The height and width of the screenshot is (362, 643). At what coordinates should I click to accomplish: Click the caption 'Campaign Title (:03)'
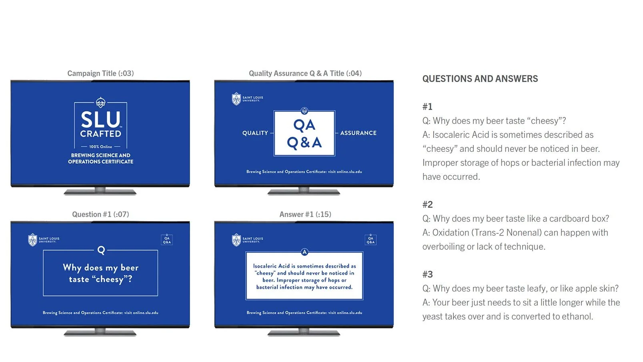click(100, 74)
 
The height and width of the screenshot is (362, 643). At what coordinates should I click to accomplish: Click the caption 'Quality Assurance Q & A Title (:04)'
click(305, 74)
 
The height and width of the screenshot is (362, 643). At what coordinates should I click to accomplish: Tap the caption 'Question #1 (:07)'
click(100, 214)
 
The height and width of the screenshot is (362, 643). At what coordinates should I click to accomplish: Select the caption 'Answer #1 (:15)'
click(305, 214)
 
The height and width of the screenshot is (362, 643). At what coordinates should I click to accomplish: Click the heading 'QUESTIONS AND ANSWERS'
click(480, 79)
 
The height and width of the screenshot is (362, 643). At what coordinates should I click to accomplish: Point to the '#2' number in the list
click(427, 205)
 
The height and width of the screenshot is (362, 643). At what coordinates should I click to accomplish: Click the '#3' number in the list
click(427, 274)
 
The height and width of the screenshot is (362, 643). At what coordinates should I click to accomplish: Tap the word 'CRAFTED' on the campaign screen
click(100, 134)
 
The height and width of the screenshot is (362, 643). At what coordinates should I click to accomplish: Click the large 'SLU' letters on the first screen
click(100, 119)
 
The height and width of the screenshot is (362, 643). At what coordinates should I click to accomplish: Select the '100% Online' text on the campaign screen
click(100, 147)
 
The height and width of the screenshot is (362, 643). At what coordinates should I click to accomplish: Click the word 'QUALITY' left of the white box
click(255, 133)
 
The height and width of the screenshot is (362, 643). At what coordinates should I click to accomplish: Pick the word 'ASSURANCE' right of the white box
click(358, 133)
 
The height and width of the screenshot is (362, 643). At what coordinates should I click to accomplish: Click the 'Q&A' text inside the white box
click(304, 143)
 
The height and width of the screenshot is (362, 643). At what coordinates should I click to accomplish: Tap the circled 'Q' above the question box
click(101, 250)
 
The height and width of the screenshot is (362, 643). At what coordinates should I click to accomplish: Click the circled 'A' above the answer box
click(304, 252)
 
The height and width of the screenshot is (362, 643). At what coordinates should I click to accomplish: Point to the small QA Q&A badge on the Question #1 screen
click(167, 239)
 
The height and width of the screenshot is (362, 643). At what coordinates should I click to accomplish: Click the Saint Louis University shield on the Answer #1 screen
click(236, 240)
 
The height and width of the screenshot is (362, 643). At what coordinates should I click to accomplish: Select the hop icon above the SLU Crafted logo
click(100, 102)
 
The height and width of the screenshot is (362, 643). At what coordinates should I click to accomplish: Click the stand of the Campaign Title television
click(100, 191)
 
